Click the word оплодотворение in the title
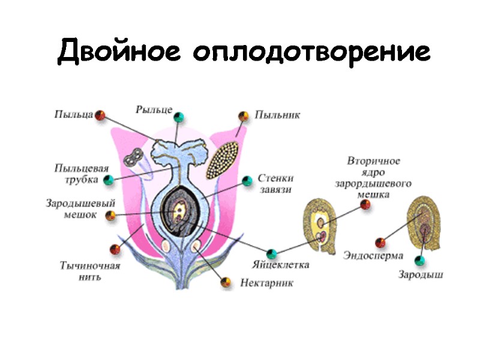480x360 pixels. tap(311, 53)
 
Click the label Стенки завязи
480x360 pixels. tap(276, 184)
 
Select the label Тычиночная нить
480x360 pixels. tap(90, 271)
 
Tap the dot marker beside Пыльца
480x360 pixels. tap(101, 115)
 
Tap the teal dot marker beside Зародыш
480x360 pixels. tap(421, 260)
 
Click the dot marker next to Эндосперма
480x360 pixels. tap(380, 242)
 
